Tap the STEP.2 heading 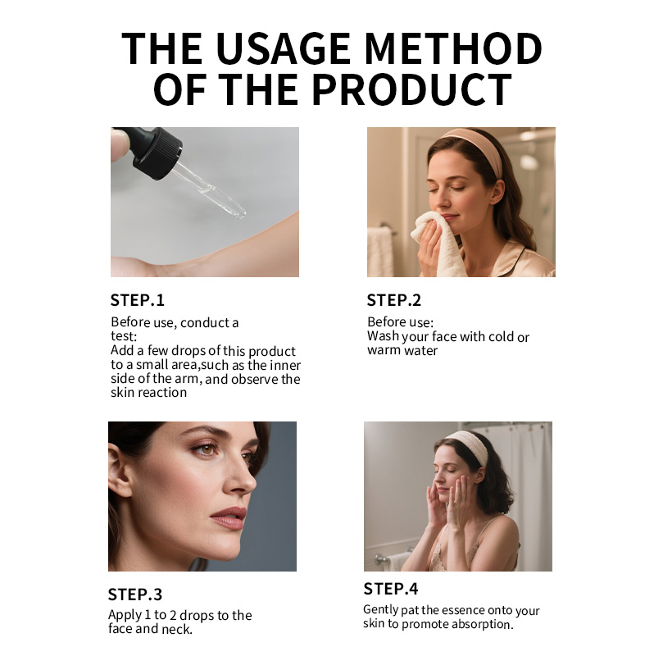(x=394, y=299)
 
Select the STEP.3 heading (x=135, y=594)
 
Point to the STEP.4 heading (x=391, y=589)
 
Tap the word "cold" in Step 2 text (x=502, y=336)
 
